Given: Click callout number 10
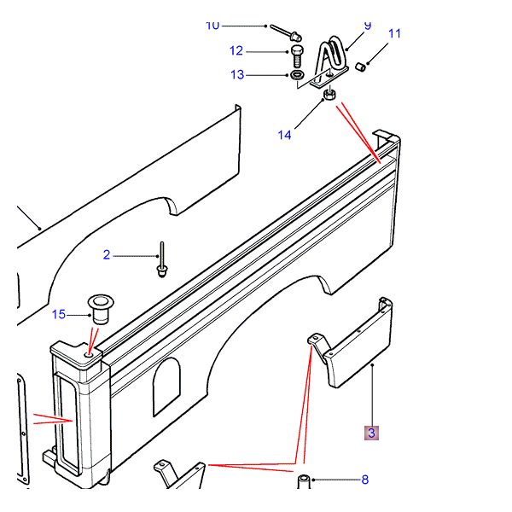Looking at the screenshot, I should pyautogui.click(x=212, y=25).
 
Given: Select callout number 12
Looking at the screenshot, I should pyautogui.click(x=236, y=50).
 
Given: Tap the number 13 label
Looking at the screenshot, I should pyautogui.click(x=236, y=75).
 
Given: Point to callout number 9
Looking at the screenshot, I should pyautogui.click(x=368, y=26).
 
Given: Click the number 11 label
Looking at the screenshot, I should pyautogui.click(x=394, y=34).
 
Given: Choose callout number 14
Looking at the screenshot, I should pyautogui.click(x=284, y=134).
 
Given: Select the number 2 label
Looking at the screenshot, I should pyautogui.click(x=107, y=254).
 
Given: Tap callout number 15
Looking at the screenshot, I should pyautogui.click(x=58, y=315).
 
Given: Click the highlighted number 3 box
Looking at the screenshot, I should pyautogui.click(x=371, y=433).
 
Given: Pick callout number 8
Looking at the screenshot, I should pyautogui.click(x=364, y=480).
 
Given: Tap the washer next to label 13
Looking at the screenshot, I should pyautogui.click(x=298, y=77).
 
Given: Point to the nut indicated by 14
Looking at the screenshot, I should pyautogui.click(x=329, y=96).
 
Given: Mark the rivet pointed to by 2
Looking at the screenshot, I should pyautogui.click(x=160, y=260).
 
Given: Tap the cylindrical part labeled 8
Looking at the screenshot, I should pyautogui.click(x=303, y=481).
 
